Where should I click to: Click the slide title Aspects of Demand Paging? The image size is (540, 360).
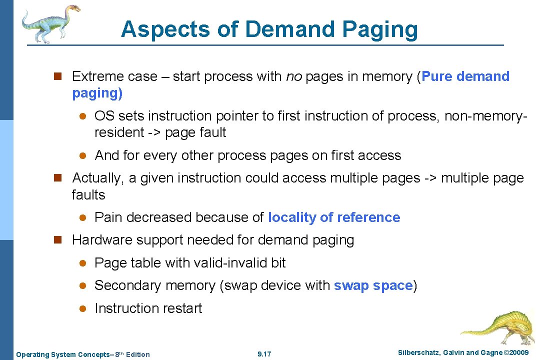[x=269, y=29]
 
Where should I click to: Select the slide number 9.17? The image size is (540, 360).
[x=264, y=354]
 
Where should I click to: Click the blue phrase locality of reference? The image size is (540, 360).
[x=334, y=217]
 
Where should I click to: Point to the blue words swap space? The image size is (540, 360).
[x=373, y=285]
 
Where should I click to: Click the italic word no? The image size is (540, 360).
[x=293, y=76]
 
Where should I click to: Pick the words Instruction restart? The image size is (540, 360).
[x=148, y=308]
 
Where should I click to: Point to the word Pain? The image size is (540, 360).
[x=108, y=217]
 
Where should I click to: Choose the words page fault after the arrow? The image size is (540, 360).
[x=195, y=133]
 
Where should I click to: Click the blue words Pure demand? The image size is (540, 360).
[x=465, y=76]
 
